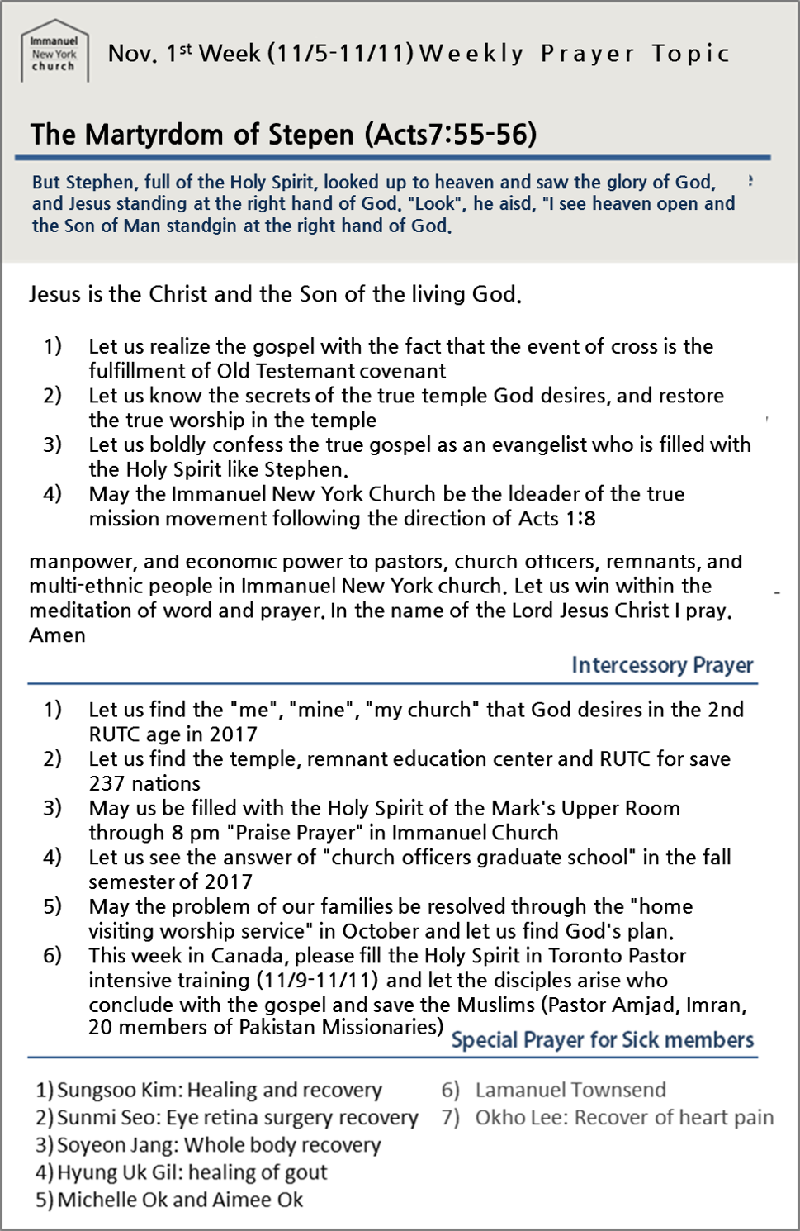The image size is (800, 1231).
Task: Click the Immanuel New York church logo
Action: (x=54, y=52)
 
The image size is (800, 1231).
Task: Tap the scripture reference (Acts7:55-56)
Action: (x=451, y=134)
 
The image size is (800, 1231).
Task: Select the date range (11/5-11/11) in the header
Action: (x=340, y=54)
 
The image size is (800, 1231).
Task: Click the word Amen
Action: (x=58, y=635)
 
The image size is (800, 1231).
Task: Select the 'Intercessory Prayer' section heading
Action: (x=662, y=665)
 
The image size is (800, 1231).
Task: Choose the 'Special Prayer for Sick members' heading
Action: (x=602, y=1040)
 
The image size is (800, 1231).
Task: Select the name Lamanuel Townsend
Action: (x=570, y=1091)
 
